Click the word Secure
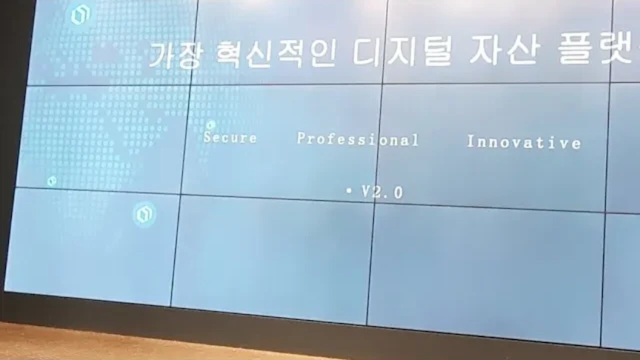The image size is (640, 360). [x=230, y=137]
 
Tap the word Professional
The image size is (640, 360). [x=357, y=139]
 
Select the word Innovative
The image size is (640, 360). [x=523, y=142]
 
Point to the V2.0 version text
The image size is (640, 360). [x=382, y=192]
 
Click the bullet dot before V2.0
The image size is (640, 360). [x=348, y=190]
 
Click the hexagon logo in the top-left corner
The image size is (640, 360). [x=80, y=15]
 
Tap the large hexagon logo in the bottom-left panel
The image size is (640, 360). [x=144, y=214]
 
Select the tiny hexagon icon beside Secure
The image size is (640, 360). [x=211, y=125]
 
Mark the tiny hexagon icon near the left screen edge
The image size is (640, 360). [x=51, y=181]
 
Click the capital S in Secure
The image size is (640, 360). [x=207, y=137]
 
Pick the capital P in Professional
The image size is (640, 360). [x=301, y=138]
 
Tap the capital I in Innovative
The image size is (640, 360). [x=470, y=141]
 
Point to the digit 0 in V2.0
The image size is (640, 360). [x=398, y=193]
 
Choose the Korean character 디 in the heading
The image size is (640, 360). [x=366, y=52]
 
